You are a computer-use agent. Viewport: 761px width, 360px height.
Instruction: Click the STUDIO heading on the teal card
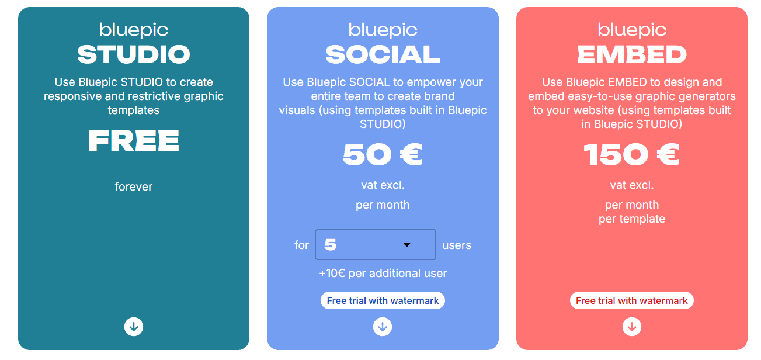[x=134, y=55]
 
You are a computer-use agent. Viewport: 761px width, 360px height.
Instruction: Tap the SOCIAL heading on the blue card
[x=383, y=55]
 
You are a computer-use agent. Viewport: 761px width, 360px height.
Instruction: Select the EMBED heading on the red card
[x=632, y=55]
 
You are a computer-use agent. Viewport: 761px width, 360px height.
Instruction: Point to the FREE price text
[x=134, y=141]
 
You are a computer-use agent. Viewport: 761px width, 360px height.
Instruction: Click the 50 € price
[x=383, y=155]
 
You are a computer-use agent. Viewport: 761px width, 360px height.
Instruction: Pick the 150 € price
[x=632, y=155]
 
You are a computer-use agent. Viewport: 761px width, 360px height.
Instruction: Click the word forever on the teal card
[x=134, y=187]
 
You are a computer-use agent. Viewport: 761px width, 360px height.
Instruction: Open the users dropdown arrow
[x=407, y=245]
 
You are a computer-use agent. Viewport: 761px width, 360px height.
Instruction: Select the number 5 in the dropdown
[x=331, y=245]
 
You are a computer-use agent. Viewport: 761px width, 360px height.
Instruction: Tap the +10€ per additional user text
[x=383, y=273]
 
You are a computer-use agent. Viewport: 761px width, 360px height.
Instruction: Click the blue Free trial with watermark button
[x=383, y=301]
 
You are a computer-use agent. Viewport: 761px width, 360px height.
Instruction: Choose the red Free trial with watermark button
[x=632, y=301]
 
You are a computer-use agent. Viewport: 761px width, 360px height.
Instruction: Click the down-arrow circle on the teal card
[x=134, y=327]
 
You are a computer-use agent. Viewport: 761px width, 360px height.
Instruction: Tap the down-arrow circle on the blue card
[x=383, y=327]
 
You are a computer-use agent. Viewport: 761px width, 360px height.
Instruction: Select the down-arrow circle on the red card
[x=632, y=327]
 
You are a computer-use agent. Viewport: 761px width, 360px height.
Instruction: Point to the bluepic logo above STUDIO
[x=134, y=30]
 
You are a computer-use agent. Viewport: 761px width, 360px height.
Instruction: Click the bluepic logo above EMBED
[x=632, y=30]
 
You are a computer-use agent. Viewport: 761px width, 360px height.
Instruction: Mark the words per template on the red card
[x=632, y=219]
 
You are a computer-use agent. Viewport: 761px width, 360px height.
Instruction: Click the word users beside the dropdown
[x=457, y=245]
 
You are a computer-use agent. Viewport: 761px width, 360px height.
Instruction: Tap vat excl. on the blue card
[x=383, y=185]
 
